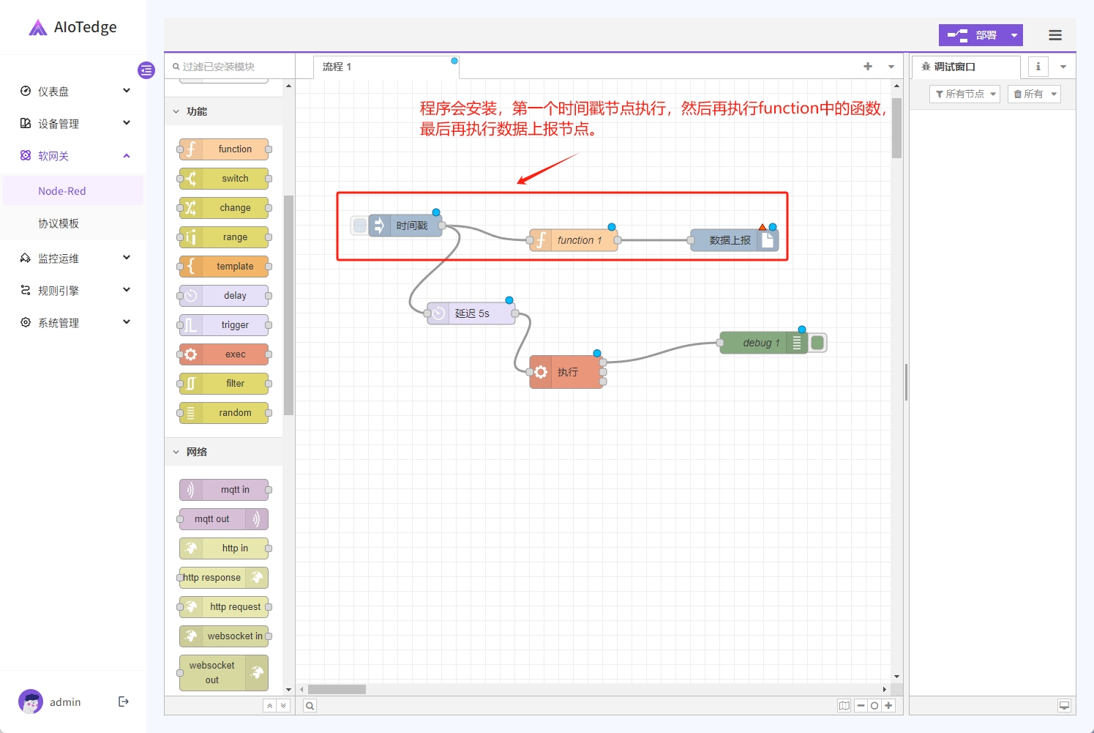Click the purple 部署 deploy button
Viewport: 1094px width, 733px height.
tap(972, 35)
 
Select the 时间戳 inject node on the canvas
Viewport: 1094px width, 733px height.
tap(405, 226)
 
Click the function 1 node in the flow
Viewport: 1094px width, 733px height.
tap(574, 240)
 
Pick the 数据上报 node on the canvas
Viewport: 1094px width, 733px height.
tap(734, 240)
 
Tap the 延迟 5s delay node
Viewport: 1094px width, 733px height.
tap(471, 313)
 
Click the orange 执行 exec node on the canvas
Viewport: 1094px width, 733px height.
tap(566, 372)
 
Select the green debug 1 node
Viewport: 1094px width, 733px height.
tap(764, 343)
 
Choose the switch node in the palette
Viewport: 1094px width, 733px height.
tap(224, 179)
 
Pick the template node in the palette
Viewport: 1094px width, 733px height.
tap(224, 267)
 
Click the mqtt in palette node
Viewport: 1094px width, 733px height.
tap(224, 490)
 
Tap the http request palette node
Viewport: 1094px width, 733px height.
tap(224, 607)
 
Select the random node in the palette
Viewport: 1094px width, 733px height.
tap(224, 413)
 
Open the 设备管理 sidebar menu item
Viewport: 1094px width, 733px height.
tap(74, 124)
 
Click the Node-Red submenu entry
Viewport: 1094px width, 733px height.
tap(62, 191)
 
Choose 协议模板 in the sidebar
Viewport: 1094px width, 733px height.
tap(59, 223)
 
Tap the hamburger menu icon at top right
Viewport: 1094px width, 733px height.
tap(1055, 35)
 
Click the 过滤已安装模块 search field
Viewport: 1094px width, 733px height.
tap(230, 67)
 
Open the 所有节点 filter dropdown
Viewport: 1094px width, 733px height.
tap(964, 94)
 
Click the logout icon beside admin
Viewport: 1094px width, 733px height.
tap(124, 702)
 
